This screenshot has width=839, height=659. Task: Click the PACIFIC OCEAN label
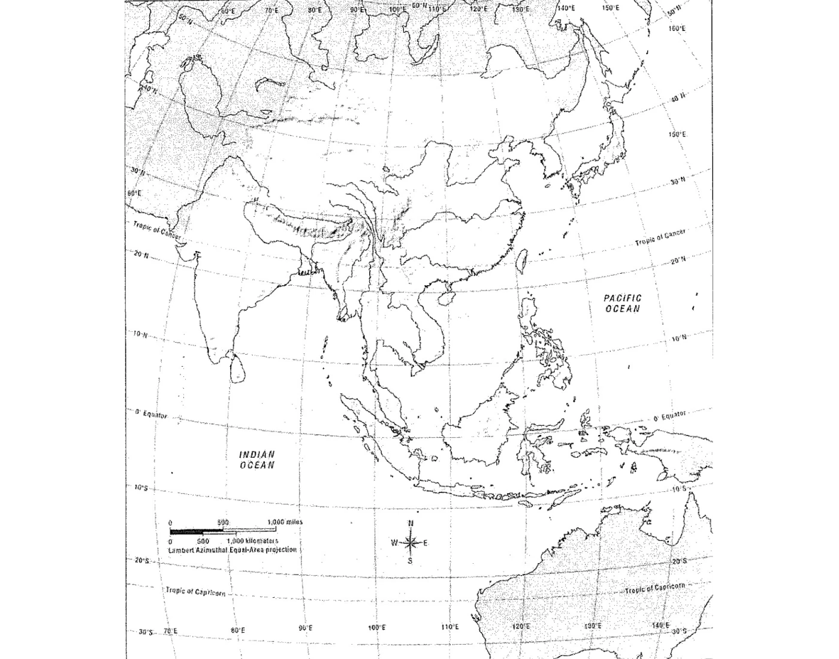pyautogui.click(x=623, y=303)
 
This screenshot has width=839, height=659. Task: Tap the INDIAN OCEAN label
pyautogui.click(x=257, y=460)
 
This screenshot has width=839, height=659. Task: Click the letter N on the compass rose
pyautogui.click(x=411, y=523)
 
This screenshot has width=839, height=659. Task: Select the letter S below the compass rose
pyautogui.click(x=411, y=561)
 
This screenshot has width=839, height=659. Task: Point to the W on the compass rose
pyautogui.click(x=394, y=543)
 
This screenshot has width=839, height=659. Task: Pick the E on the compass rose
pyautogui.click(x=425, y=543)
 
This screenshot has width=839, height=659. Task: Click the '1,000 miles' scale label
pyautogui.click(x=285, y=522)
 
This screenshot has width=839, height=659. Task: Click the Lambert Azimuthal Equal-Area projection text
pyautogui.click(x=233, y=549)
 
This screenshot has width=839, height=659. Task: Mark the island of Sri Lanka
pyautogui.click(x=238, y=367)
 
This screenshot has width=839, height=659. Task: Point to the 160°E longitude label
pyautogui.click(x=677, y=28)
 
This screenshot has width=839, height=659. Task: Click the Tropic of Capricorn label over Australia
pyautogui.click(x=654, y=588)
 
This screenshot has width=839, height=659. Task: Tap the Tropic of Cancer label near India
pyautogui.click(x=156, y=230)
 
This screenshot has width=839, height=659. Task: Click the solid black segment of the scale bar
pyautogui.click(x=195, y=531)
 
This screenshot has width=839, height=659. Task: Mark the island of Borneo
pyautogui.click(x=479, y=425)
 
